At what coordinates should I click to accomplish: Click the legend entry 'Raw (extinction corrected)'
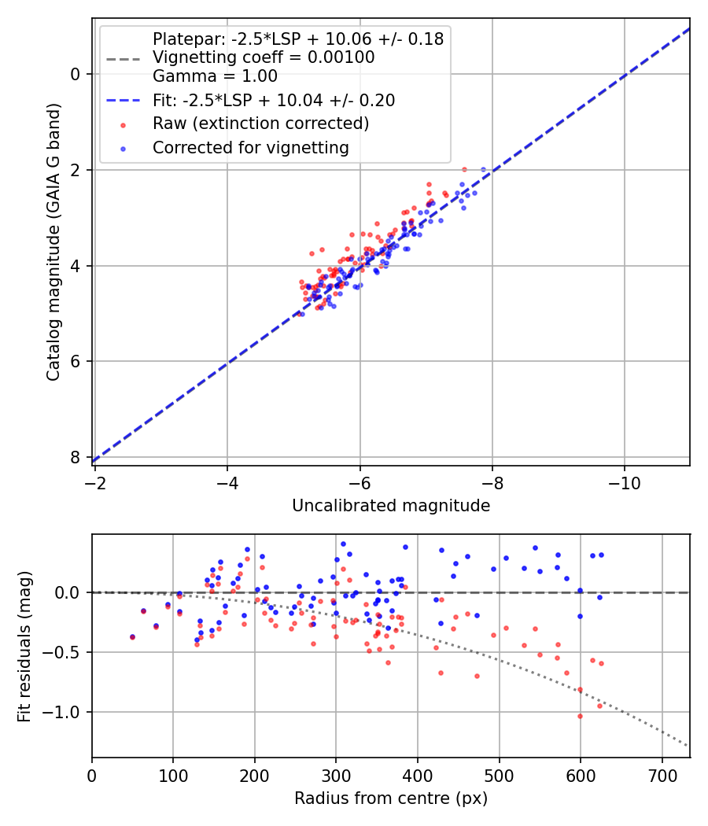tap(260, 124)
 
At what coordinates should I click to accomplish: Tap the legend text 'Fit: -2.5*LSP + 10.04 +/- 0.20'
tap(274, 100)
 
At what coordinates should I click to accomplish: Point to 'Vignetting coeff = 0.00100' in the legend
tap(264, 57)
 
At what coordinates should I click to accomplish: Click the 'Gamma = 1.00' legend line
tap(215, 76)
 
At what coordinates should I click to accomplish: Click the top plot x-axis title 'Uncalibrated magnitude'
tap(391, 506)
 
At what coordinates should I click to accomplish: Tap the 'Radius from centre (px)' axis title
tap(391, 798)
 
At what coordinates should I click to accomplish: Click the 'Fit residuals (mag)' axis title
tap(24, 646)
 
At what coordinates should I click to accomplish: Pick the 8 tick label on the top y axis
tap(76, 457)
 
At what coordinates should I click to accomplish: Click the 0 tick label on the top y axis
tap(76, 74)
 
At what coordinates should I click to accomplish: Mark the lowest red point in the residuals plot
tap(581, 716)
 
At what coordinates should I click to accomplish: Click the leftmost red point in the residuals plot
tap(132, 637)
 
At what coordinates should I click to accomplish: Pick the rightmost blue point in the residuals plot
tap(601, 555)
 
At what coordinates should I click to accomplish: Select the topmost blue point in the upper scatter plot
tap(483, 169)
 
